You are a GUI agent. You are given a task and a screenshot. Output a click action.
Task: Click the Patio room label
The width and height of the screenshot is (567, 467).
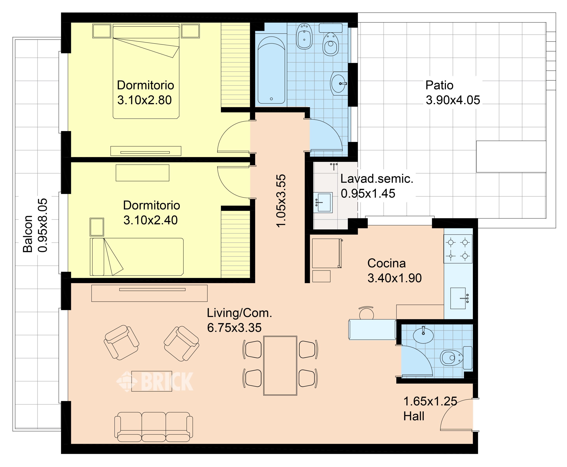point(439,85)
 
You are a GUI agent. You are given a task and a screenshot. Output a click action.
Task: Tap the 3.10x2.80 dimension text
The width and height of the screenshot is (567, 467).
point(144,100)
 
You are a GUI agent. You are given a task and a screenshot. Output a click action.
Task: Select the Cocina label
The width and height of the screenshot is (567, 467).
point(386,263)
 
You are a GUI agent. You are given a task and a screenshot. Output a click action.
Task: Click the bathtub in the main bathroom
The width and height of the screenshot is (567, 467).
point(271,70)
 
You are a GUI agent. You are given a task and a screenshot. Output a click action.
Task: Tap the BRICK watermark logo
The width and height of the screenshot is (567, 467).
point(155,381)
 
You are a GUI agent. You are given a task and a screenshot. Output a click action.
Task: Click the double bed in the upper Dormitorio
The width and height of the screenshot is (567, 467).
point(146,71)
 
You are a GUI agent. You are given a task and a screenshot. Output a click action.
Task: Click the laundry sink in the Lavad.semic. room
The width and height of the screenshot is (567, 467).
point(323,202)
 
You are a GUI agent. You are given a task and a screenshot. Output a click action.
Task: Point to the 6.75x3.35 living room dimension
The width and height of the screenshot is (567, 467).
point(234,328)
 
